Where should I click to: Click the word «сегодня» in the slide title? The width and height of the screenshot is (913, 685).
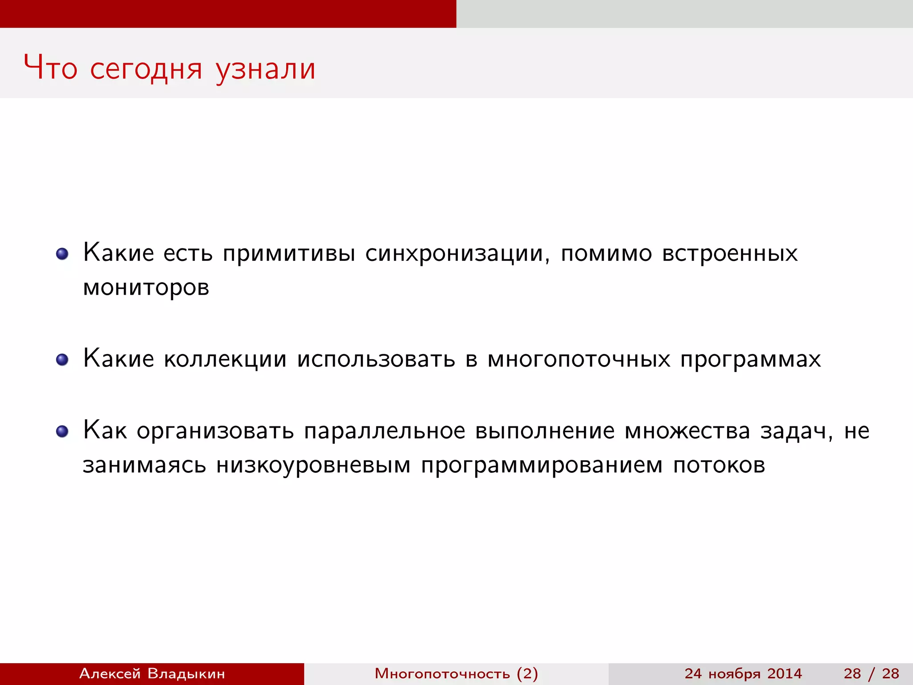(x=146, y=69)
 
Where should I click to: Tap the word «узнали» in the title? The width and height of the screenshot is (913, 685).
(x=266, y=69)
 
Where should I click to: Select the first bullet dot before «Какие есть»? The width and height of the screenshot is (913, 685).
(x=62, y=254)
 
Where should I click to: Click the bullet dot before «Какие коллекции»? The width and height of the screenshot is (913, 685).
(x=62, y=359)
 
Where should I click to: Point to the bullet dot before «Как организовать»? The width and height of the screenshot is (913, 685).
(x=62, y=431)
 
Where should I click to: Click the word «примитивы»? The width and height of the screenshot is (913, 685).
(x=289, y=254)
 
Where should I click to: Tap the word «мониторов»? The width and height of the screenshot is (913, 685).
(x=146, y=288)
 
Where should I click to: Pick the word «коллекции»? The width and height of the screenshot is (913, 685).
(x=225, y=359)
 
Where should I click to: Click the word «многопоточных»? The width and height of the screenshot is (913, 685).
(x=579, y=359)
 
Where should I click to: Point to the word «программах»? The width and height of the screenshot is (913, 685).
(x=750, y=359)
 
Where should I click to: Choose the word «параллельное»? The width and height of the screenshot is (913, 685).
(x=384, y=431)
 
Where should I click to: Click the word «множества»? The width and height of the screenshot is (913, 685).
(x=687, y=431)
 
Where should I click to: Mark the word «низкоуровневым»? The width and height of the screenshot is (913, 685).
(x=313, y=466)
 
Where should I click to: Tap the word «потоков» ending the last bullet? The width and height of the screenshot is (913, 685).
(x=719, y=466)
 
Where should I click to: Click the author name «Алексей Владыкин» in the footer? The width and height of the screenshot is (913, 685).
(x=152, y=673)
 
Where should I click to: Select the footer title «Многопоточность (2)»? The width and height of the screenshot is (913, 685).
(x=456, y=673)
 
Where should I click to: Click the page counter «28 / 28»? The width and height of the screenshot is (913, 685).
(x=871, y=673)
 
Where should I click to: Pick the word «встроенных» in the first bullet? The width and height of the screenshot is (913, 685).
(x=730, y=254)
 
